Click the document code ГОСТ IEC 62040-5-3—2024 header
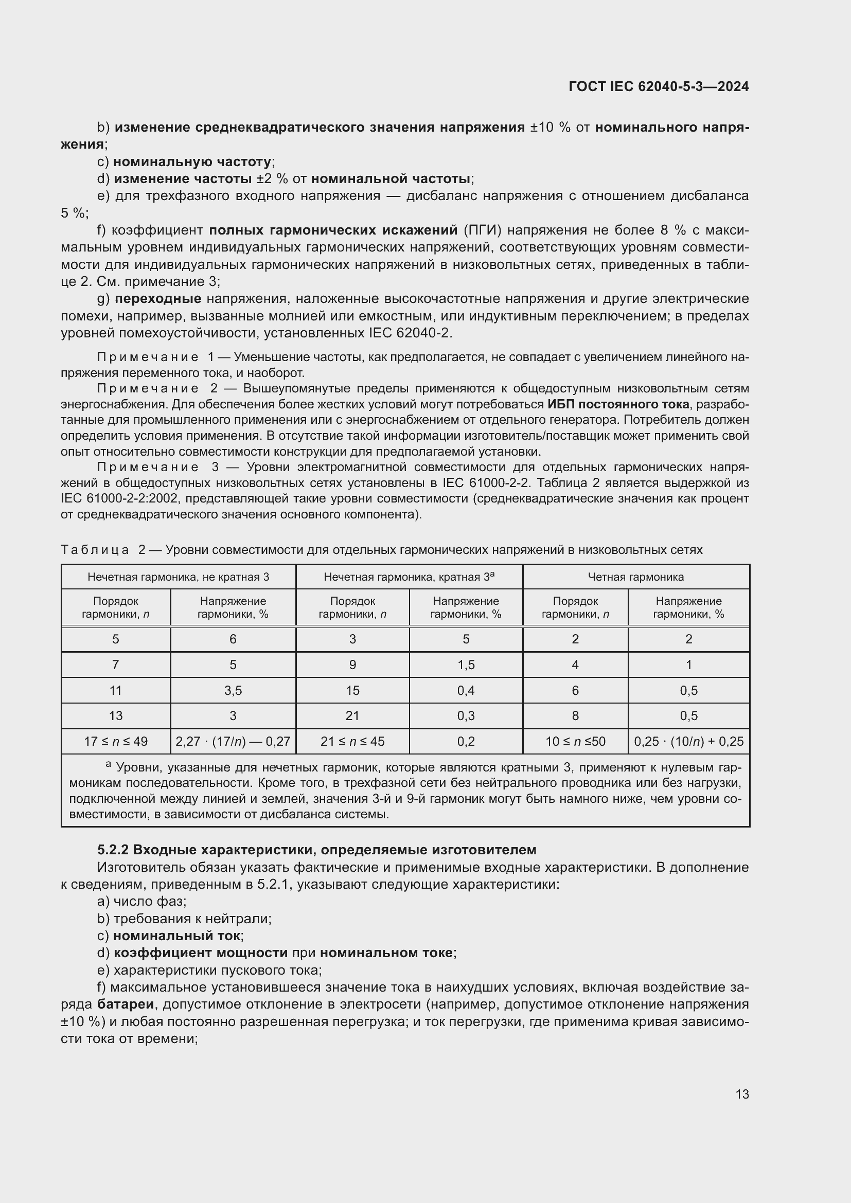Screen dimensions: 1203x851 click(x=658, y=86)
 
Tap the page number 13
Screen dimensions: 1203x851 click(x=742, y=1094)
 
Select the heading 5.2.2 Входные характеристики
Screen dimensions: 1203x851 click(x=316, y=849)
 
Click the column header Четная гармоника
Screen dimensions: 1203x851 click(x=635, y=577)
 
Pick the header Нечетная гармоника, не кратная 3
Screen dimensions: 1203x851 click(x=178, y=577)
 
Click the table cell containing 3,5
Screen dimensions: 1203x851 click(x=233, y=691)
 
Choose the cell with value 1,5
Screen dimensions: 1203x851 click(x=466, y=665)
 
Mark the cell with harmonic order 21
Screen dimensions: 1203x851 click(x=352, y=716)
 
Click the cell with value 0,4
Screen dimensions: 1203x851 click(x=466, y=691)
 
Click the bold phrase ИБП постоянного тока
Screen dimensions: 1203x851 click(x=618, y=404)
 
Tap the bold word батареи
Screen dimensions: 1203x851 click(x=126, y=1004)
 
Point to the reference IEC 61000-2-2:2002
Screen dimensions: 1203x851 click(x=117, y=498)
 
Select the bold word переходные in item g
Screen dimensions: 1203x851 click(x=158, y=299)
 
